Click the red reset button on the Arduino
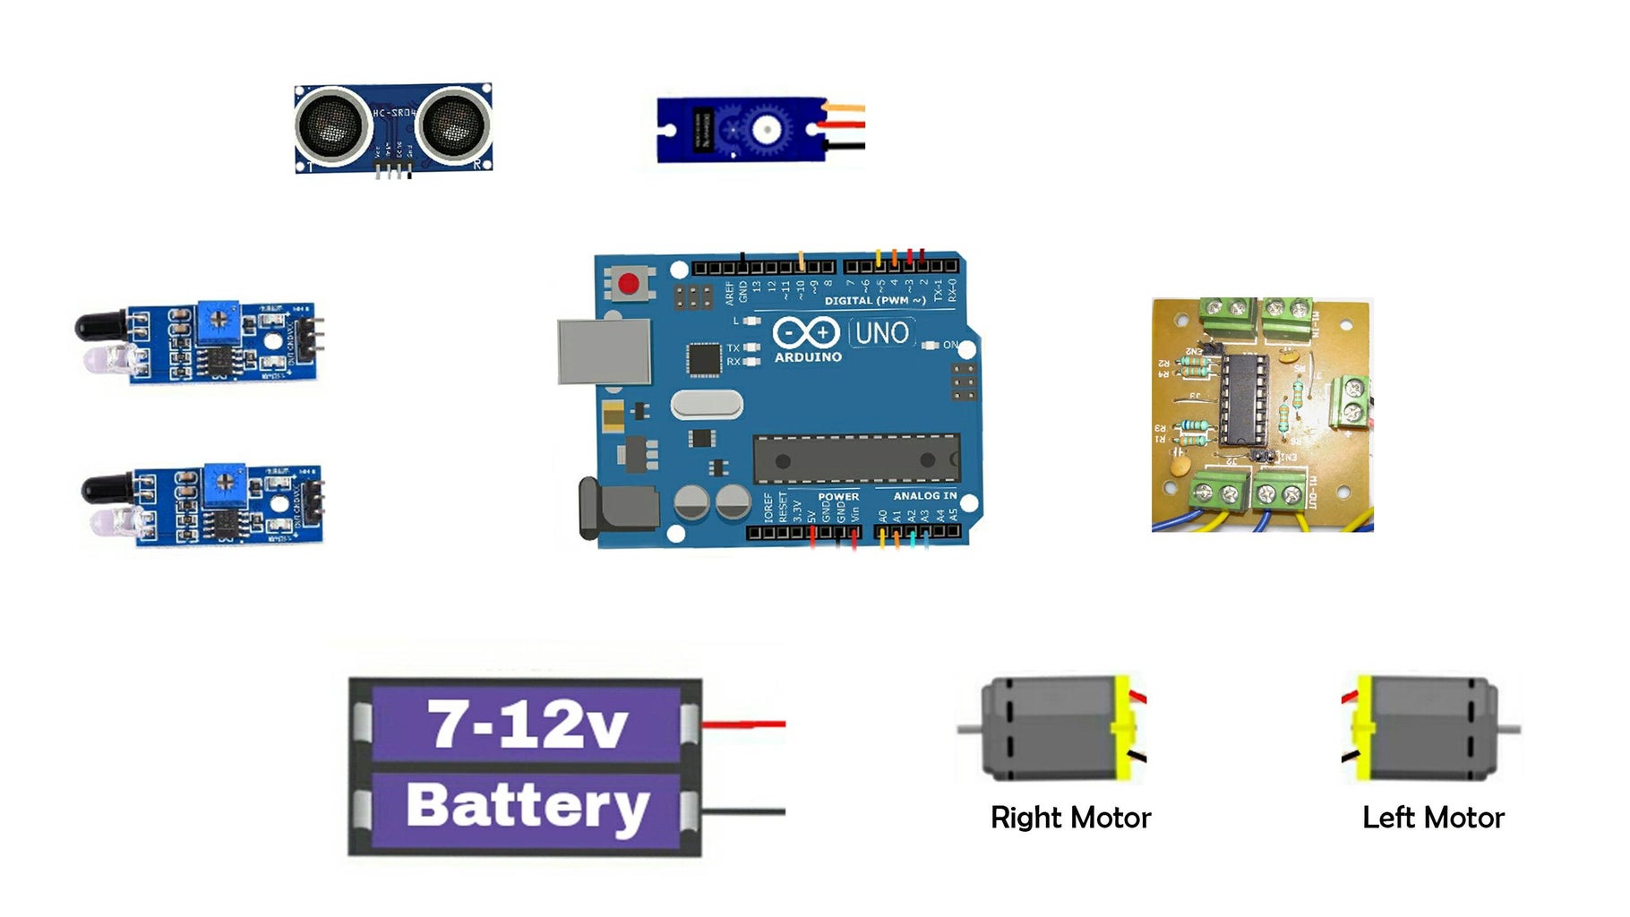(629, 285)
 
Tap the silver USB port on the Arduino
(605, 351)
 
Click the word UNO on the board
(882, 333)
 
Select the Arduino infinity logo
(805, 332)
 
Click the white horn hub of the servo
(766, 130)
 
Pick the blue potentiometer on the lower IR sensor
(226, 483)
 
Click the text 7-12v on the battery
(528, 723)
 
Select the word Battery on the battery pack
(528, 805)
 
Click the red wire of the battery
(743, 724)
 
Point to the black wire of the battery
(743, 811)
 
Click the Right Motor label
(1070, 818)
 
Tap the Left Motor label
(1433, 818)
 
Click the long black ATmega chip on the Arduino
(855, 458)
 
